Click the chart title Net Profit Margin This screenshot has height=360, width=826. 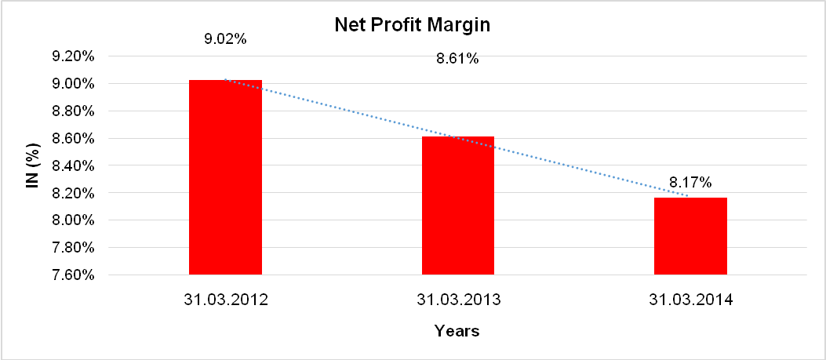[413, 25]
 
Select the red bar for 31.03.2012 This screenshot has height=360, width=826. [225, 177]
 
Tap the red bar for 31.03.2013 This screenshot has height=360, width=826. [458, 205]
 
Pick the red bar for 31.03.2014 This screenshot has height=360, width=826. [690, 236]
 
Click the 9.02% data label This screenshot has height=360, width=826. [225, 37]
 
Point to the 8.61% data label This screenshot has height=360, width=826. [457, 58]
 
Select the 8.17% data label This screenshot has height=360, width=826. [690, 183]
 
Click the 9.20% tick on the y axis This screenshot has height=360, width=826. [73, 56]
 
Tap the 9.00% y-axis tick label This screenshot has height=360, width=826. [73, 84]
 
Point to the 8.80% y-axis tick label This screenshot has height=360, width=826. [73, 111]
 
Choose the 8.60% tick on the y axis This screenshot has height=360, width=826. [73, 139]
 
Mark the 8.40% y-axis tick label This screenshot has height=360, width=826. [73, 166]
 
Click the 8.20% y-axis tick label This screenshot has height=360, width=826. [73, 193]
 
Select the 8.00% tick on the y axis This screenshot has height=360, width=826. [73, 220]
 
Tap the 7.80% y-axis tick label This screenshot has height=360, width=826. [73, 248]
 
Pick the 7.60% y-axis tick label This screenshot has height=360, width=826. [73, 275]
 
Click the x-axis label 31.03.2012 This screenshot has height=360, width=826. [225, 299]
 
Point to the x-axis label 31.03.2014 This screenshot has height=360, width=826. [690, 299]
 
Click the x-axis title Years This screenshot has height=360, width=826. [457, 331]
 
